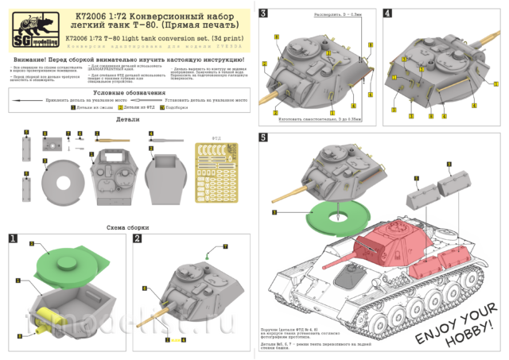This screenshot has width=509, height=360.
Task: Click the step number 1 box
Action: pos(13,238)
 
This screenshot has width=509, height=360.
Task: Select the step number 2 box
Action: pos(138,238)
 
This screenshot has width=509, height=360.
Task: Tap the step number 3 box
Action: pos(263,13)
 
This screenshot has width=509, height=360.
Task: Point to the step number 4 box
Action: pos(387,13)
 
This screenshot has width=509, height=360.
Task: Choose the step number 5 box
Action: pos(263,137)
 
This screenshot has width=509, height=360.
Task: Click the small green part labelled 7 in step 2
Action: pos(206,255)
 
